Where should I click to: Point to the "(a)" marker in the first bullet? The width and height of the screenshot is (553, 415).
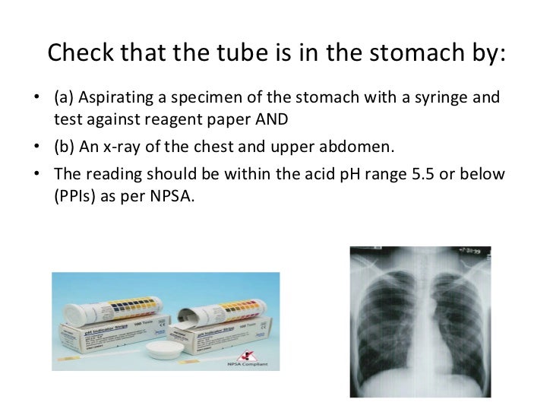65,100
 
